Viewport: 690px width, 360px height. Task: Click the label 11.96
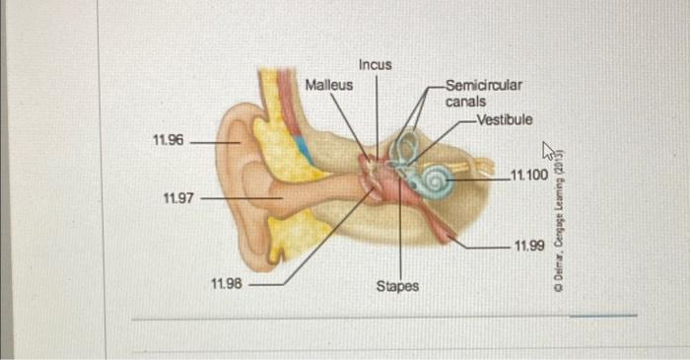tap(169, 141)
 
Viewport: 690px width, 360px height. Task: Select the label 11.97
tap(178, 199)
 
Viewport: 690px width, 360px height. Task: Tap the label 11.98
tap(227, 284)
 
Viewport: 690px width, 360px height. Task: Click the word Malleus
tap(328, 86)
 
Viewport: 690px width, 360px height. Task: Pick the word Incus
tap(376, 65)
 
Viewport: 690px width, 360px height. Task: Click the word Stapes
tap(397, 286)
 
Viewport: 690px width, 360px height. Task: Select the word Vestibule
tap(504, 119)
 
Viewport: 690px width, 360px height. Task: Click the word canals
tap(465, 102)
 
